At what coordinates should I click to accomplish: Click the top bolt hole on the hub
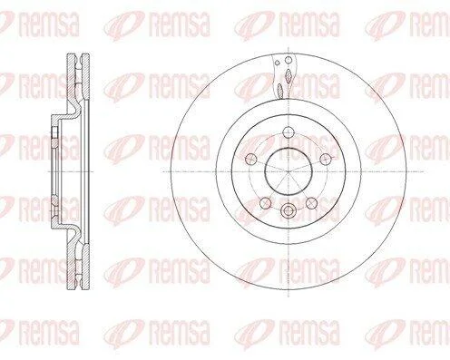tap(289, 131)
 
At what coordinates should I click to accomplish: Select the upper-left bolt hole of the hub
tap(251, 158)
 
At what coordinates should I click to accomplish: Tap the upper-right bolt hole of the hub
tap(326, 158)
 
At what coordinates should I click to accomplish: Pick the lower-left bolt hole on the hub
tap(266, 202)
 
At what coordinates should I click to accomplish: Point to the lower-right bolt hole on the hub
tap(311, 202)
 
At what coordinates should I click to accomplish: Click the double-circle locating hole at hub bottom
tap(289, 210)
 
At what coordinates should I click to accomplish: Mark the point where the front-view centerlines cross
tap(289, 171)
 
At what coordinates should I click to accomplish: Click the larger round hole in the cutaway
tap(289, 60)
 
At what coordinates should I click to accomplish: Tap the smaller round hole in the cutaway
tap(277, 63)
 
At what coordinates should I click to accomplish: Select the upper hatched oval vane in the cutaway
tap(289, 75)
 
